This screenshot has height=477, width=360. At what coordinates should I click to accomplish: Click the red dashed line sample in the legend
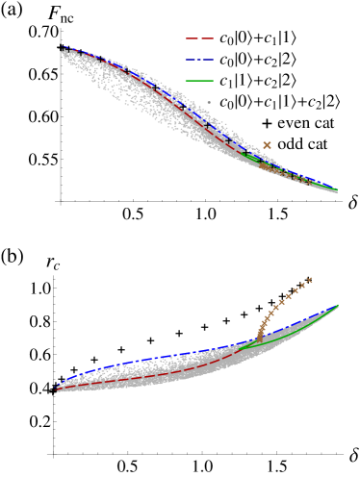[199, 38]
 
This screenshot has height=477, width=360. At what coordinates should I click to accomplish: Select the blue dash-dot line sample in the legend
[199, 60]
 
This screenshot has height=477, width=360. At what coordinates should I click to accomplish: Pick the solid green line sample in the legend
[199, 81]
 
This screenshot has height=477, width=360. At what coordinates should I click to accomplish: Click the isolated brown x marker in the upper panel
[267, 145]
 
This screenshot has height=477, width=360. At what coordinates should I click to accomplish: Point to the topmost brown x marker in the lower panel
[309, 280]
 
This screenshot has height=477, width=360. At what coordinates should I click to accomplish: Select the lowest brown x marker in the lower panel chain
[259, 339]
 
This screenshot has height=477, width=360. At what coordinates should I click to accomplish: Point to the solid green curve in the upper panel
[252, 155]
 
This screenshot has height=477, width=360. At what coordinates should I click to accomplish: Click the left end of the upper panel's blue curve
[64, 48]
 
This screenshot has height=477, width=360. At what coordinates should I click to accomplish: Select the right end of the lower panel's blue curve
[338, 306]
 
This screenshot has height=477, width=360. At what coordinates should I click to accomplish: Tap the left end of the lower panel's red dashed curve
[58, 389]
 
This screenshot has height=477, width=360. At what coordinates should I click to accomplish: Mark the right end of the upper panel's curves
[337, 189]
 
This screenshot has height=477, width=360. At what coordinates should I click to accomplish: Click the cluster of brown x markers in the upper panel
[279, 170]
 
